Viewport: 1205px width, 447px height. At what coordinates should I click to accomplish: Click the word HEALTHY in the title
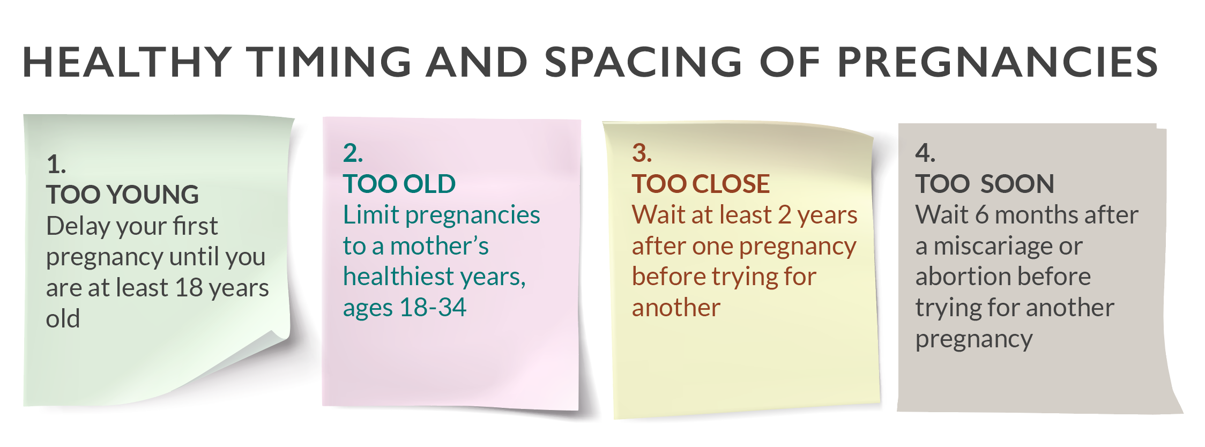tap(127, 62)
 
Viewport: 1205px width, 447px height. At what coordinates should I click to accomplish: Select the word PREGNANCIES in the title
tap(998, 62)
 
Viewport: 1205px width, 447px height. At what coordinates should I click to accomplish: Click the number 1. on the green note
tap(56, 164)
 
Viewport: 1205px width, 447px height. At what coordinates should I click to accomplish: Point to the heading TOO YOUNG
tap(122, 194)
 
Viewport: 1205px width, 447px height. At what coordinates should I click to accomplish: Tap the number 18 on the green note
tap(189, 288)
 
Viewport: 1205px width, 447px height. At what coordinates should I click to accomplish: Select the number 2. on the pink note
tap(353, 153)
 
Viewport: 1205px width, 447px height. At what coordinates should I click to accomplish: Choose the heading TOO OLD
tap(399, 184)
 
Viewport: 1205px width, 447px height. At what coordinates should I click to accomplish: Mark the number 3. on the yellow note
tap(642, 153)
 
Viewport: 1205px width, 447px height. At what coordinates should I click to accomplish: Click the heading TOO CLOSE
tap(701, 184)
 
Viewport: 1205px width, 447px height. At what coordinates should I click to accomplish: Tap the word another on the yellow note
tap(676, 308)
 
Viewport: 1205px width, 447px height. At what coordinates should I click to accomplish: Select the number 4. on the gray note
tap(925, 153)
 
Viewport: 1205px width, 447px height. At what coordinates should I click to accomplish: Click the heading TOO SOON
tap(985, 184)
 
